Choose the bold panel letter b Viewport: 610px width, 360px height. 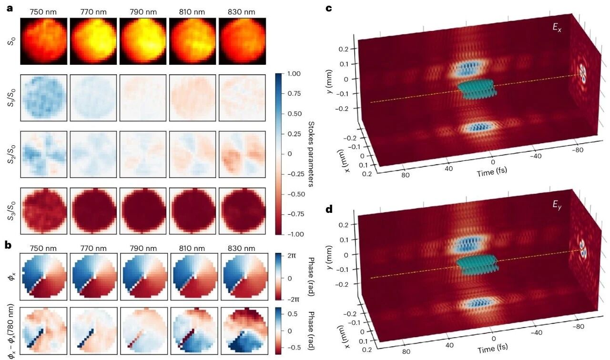click(8, 246)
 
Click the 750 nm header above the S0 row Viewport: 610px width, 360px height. click(44, 10)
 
